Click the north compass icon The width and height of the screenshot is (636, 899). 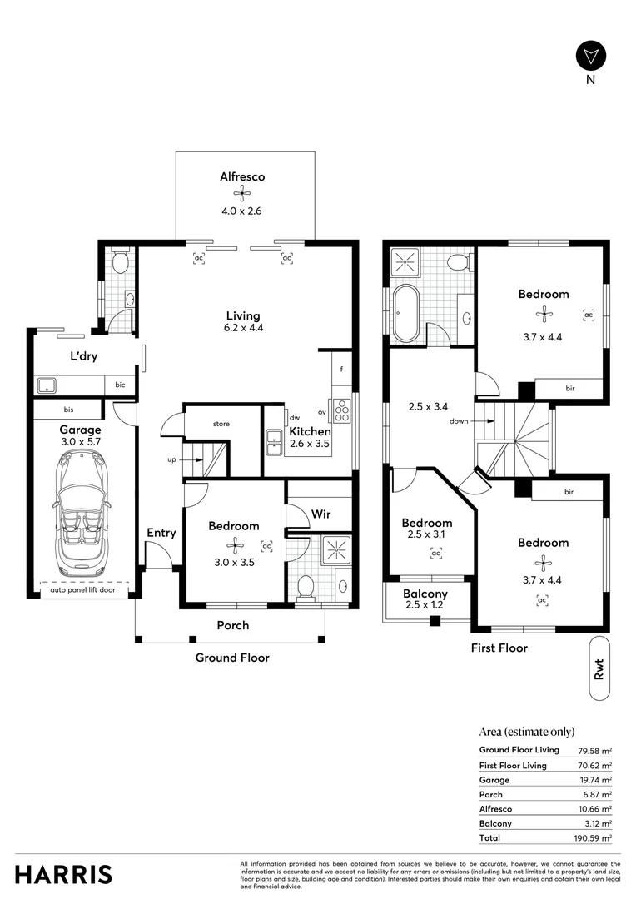point(590,56)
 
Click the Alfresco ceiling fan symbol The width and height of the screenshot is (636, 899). point(242,194)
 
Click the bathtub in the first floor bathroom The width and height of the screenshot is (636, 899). point(405,313)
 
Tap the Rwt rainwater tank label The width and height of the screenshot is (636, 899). point(599,671)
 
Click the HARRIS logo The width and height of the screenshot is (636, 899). point(63,874)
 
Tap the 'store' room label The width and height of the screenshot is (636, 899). point(221,425)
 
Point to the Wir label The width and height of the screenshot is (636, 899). point(321,514)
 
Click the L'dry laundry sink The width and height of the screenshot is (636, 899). point(47,385)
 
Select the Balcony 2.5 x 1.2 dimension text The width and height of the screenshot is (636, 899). point(425,607)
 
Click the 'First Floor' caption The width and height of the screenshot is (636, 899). point(499,648)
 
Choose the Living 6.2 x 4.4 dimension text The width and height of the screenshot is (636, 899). point(243,328)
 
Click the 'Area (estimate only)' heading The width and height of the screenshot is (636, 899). point(527,732)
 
